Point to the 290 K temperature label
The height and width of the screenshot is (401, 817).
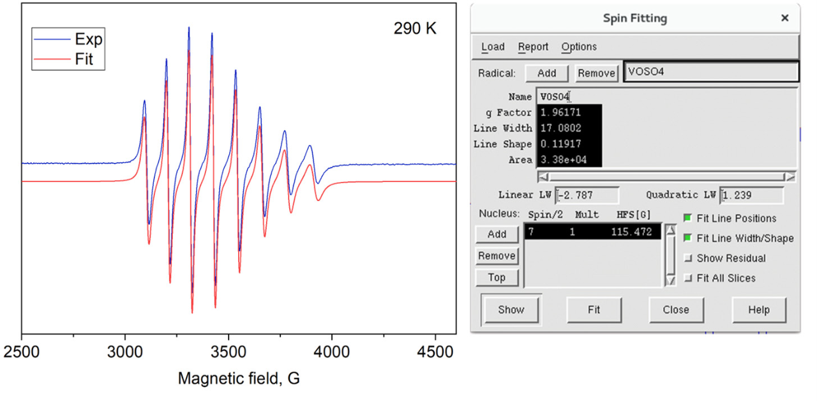415,29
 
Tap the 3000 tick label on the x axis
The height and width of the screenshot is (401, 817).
125,352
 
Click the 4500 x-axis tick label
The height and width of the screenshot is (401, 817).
435,352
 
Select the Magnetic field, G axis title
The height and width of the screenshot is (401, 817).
239,379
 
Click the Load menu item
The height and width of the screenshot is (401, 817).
493,47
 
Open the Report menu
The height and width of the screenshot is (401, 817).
533,47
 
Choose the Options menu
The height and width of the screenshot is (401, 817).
579,47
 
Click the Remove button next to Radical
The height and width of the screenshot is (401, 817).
596,73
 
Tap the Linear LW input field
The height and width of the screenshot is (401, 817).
587,195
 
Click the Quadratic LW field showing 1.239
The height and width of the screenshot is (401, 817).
751,195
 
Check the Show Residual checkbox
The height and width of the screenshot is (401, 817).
688,259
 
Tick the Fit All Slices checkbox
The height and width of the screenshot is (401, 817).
688,278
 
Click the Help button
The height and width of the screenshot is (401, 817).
759,310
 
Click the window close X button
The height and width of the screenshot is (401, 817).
784,19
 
